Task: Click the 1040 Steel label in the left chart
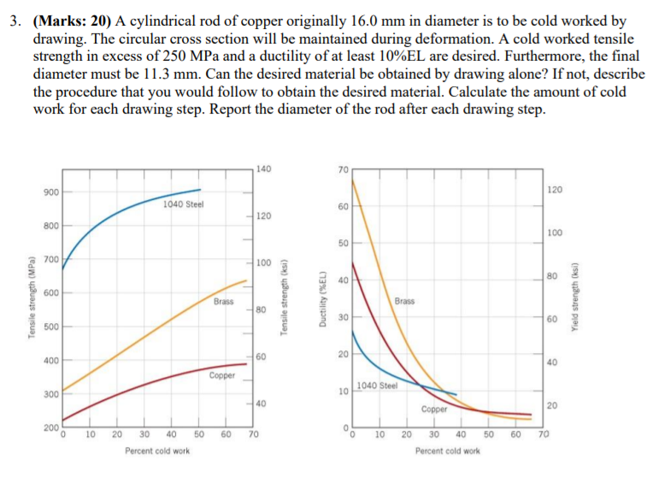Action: (x=182, y=204)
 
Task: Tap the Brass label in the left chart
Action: (x=224, y=301)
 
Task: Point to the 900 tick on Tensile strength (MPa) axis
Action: (x=49, y=191)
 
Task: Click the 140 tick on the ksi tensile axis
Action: (x=263, y=168)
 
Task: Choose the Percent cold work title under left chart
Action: (x=157, y=451)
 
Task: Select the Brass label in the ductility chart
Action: (x=405, y=301)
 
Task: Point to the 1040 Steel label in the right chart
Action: (x=378, y=386)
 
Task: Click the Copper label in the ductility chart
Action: (x=434, y=409)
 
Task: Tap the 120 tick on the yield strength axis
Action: (x=555, y=190)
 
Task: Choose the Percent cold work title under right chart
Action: (x=448, y=451)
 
